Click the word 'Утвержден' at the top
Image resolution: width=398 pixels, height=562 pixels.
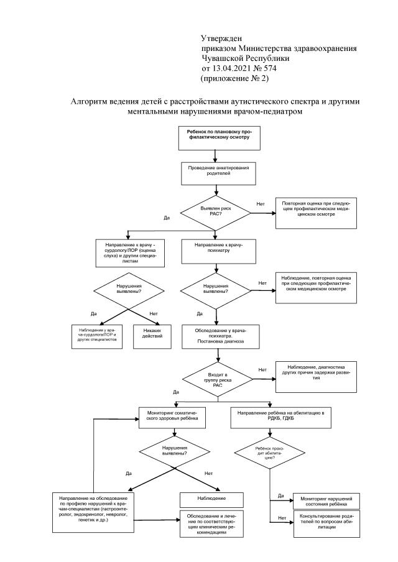point(219,39)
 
